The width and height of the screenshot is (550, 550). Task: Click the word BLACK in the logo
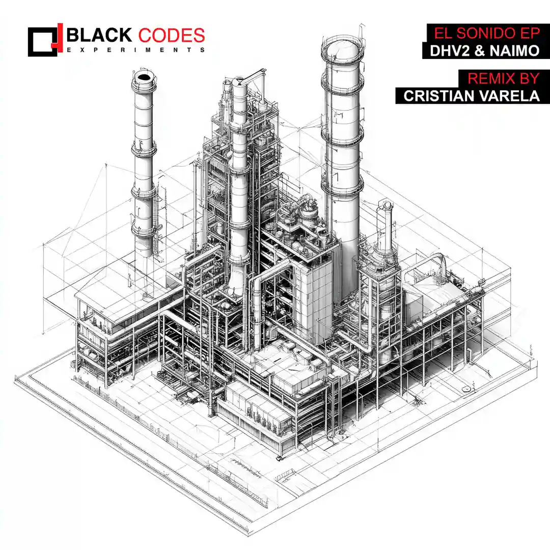pos(99,36)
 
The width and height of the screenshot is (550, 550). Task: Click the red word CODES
pos(172,36)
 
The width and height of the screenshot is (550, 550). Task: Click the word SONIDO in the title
pos(486,33)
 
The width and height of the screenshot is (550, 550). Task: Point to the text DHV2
pos(450,51)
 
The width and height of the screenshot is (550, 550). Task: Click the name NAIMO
pos(514,51)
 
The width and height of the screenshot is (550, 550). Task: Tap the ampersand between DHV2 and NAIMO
pos(480,51)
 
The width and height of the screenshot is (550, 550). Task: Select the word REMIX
pos(492,78)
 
